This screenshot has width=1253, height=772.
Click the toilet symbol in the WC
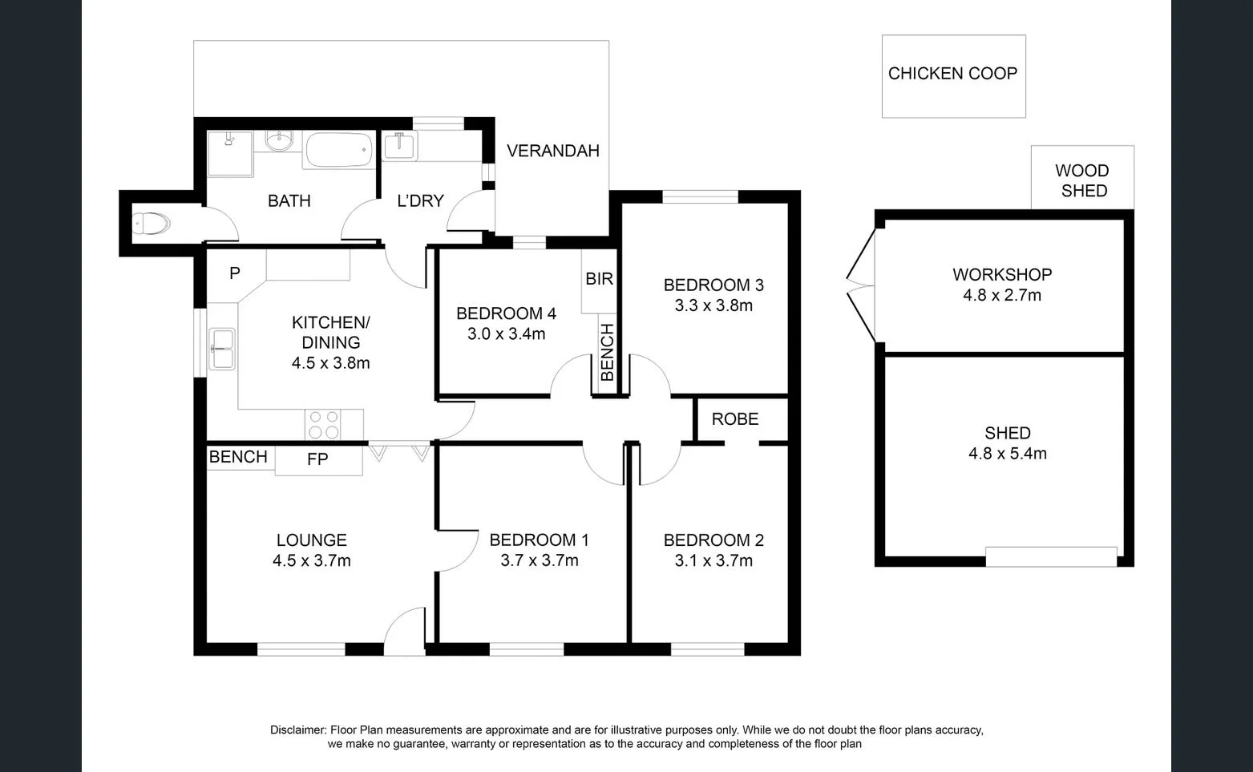(151, 224)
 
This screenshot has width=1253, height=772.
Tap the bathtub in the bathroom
(340, 150)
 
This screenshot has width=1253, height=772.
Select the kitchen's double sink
(222, 349)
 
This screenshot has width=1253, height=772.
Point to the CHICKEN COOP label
(952, 74)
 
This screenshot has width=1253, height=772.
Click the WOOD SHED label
(1082, 180)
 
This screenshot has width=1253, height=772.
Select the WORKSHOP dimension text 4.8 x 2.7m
(1002, 295)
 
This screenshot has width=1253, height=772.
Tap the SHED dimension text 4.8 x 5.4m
(1007, 454)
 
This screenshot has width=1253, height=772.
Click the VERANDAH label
(552, 151)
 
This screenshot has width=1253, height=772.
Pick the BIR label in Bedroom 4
(599, 278)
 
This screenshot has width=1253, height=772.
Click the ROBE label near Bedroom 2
(734, 418)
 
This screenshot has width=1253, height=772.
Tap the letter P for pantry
(234, 273)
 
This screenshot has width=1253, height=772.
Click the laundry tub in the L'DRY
(398, 146)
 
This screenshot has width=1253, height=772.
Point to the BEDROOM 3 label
(713, 285)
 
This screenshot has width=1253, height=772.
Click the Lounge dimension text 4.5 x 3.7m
(311, 561)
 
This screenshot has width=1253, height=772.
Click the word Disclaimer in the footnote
(297, 730)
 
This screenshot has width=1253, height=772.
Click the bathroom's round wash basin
(278, 141)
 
